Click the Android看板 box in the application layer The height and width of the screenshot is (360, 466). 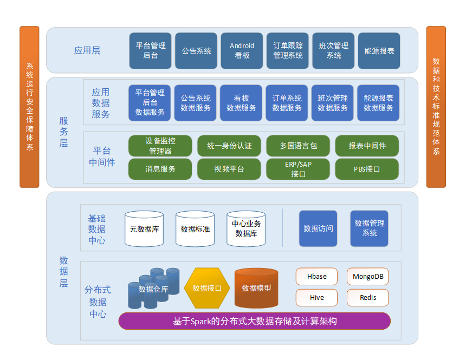[x=242, y=51]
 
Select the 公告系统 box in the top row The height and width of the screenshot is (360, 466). [x=196, y=51]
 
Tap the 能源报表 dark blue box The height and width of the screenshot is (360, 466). [x=379, y=51]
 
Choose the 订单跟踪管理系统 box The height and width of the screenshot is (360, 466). [x=288, y=51]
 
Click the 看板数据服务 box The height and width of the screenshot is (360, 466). [x=241, y=103]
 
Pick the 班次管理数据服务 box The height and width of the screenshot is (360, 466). [x=333, y=103]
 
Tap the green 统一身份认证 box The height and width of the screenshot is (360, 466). [x=229, y=146]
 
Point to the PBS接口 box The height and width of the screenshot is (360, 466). [x=367, y=169]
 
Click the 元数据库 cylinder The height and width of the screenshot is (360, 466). [x=144, y=229]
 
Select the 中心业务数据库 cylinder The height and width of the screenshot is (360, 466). [x=246, y=229]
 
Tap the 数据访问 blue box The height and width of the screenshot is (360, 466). [x=318, y=228]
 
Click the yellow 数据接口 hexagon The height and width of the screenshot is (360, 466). [x=207, y=288]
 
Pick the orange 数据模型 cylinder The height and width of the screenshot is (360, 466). [x=256, y=288]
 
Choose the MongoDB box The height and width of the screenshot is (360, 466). [x=367, y=277]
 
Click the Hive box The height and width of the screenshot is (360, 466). [x=316, y=298]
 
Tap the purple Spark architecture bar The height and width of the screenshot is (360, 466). [x=255, y=321]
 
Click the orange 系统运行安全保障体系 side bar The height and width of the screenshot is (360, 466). [x=29, y=107]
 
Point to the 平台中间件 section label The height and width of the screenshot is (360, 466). [x=102, y=156]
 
